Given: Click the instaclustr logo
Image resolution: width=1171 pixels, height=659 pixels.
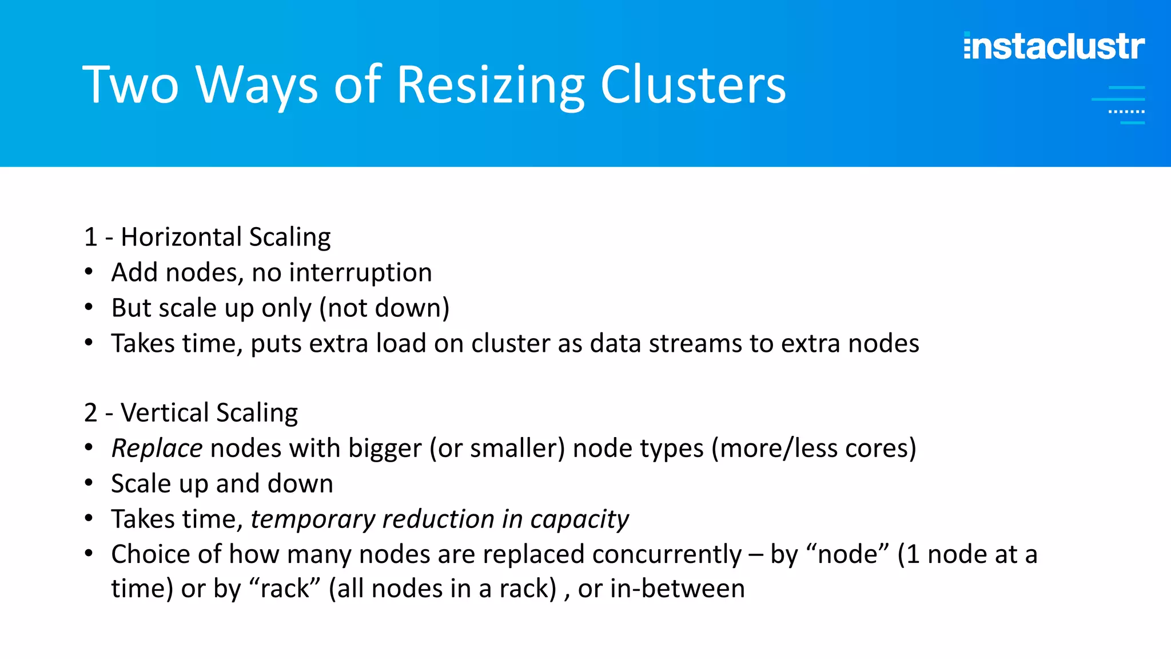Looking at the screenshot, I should click(1054, 46).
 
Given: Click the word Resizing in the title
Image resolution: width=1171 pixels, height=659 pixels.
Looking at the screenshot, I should click(490, 86).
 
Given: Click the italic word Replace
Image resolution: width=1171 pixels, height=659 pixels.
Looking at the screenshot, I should click(157, 448).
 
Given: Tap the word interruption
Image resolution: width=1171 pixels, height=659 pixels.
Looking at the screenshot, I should click(360, 272).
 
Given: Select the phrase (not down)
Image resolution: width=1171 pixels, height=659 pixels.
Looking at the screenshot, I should click(384, 308).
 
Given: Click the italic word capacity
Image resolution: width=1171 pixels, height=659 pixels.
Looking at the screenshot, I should click(579, 519).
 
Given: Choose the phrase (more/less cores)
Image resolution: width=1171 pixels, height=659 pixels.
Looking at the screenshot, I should click(814, 448).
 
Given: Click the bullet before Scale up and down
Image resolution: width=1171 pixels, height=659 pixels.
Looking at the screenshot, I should click(89, 483).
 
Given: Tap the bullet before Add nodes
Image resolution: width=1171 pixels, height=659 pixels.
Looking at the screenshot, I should click(89, 272).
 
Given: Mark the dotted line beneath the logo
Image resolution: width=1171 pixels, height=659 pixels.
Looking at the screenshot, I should click(1126, 112).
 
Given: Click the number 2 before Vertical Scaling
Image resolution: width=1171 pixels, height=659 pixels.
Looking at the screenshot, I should click(90, 412).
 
